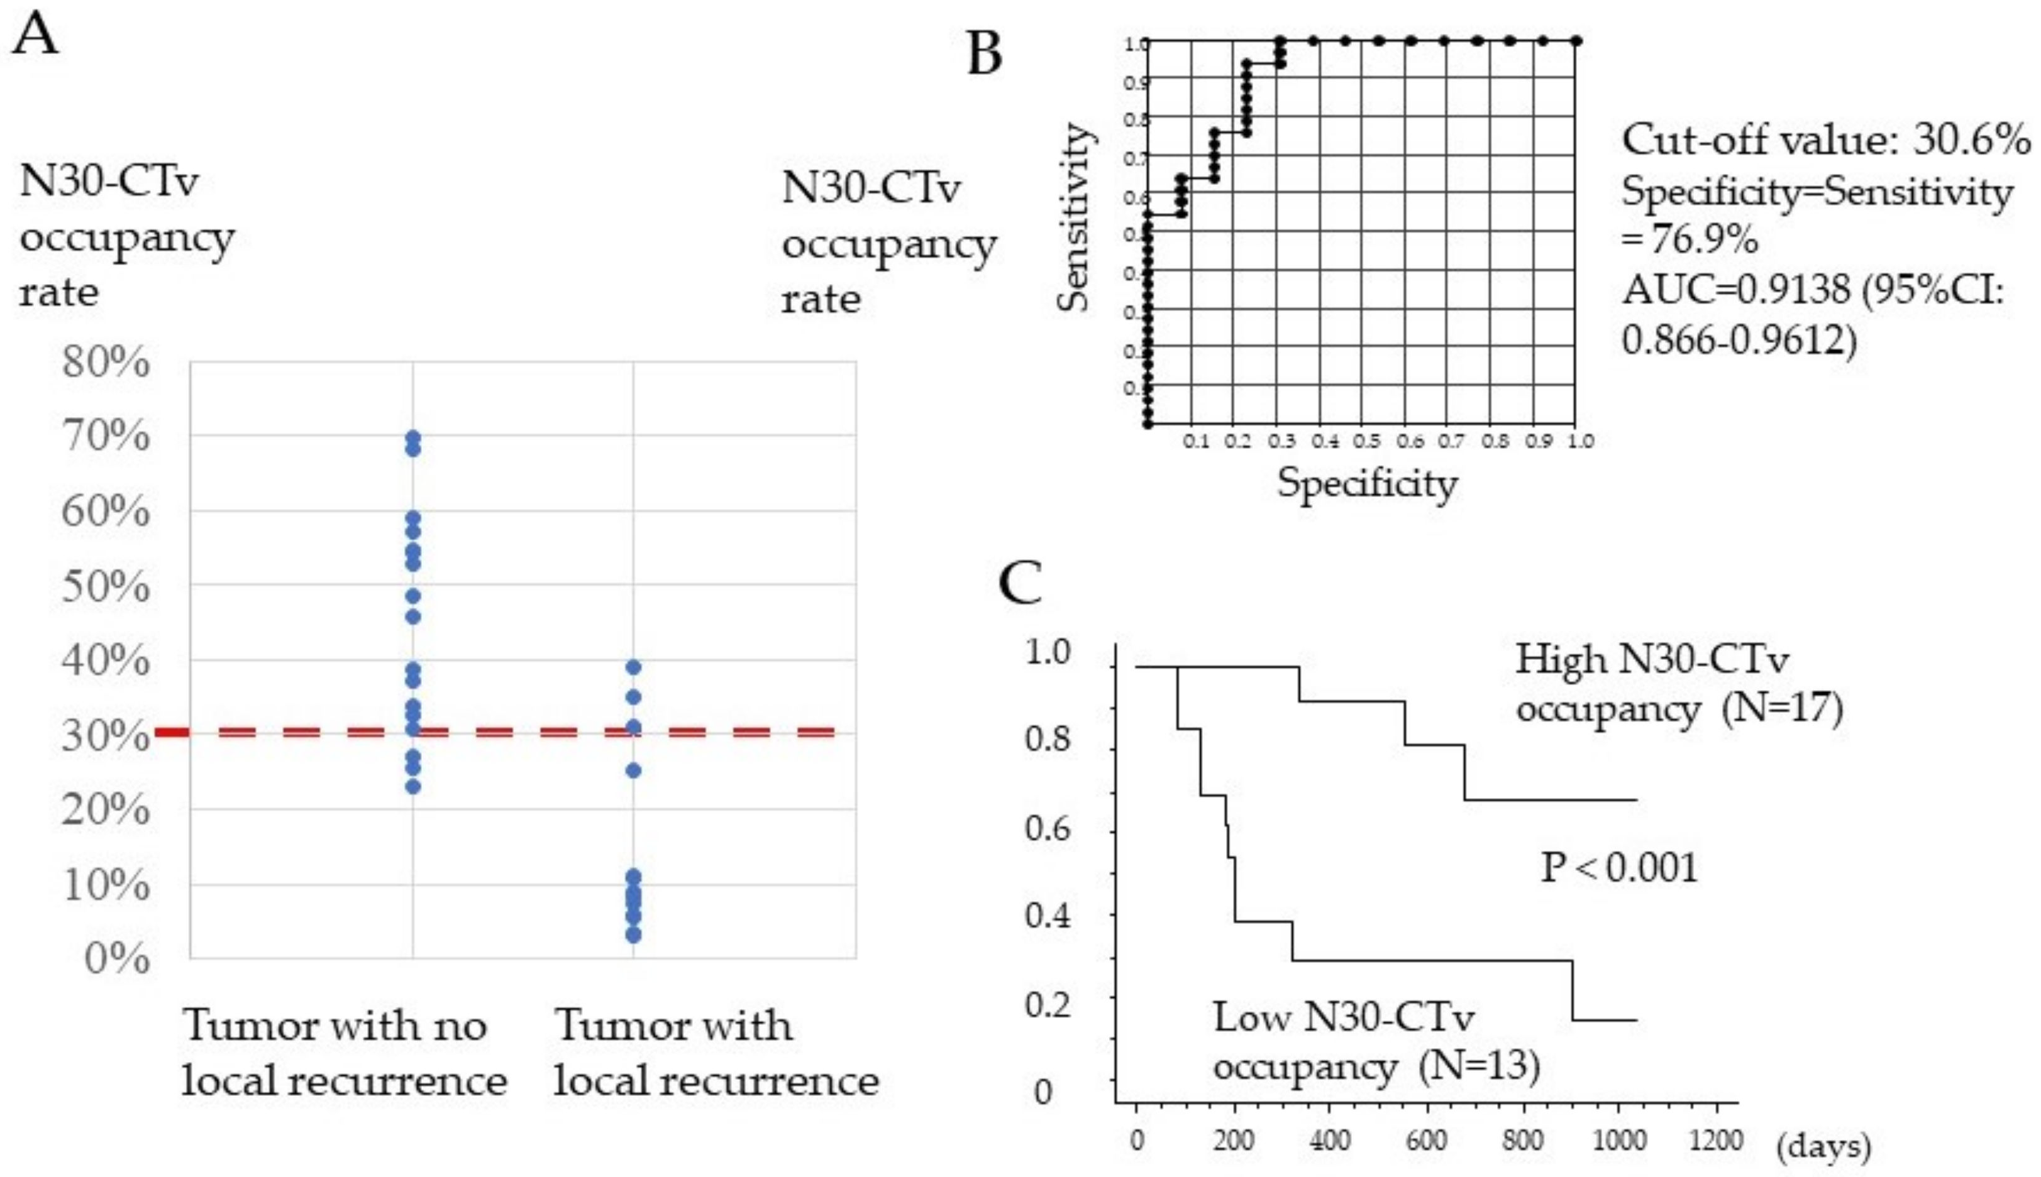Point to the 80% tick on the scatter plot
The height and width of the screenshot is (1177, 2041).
pyautogui.click(x=106, y=364)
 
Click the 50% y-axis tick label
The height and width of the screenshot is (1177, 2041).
pyautogui.click(x=106, y=587)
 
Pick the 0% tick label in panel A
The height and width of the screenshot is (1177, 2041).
pyautogui.click(x=117, y=960)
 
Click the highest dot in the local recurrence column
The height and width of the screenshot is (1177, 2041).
pyautogui.click(x=633, y=667)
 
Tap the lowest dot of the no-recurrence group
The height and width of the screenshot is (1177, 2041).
pyautogui.click(x=413, y=786)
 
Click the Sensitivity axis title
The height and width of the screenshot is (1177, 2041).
pyautogui.click(x=1075, y=217)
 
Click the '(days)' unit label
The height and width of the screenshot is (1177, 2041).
pyautogui.click(x=1823, y=1145)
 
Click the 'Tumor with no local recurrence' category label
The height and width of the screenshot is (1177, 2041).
pyautogui.click(x=344, y=1053)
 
